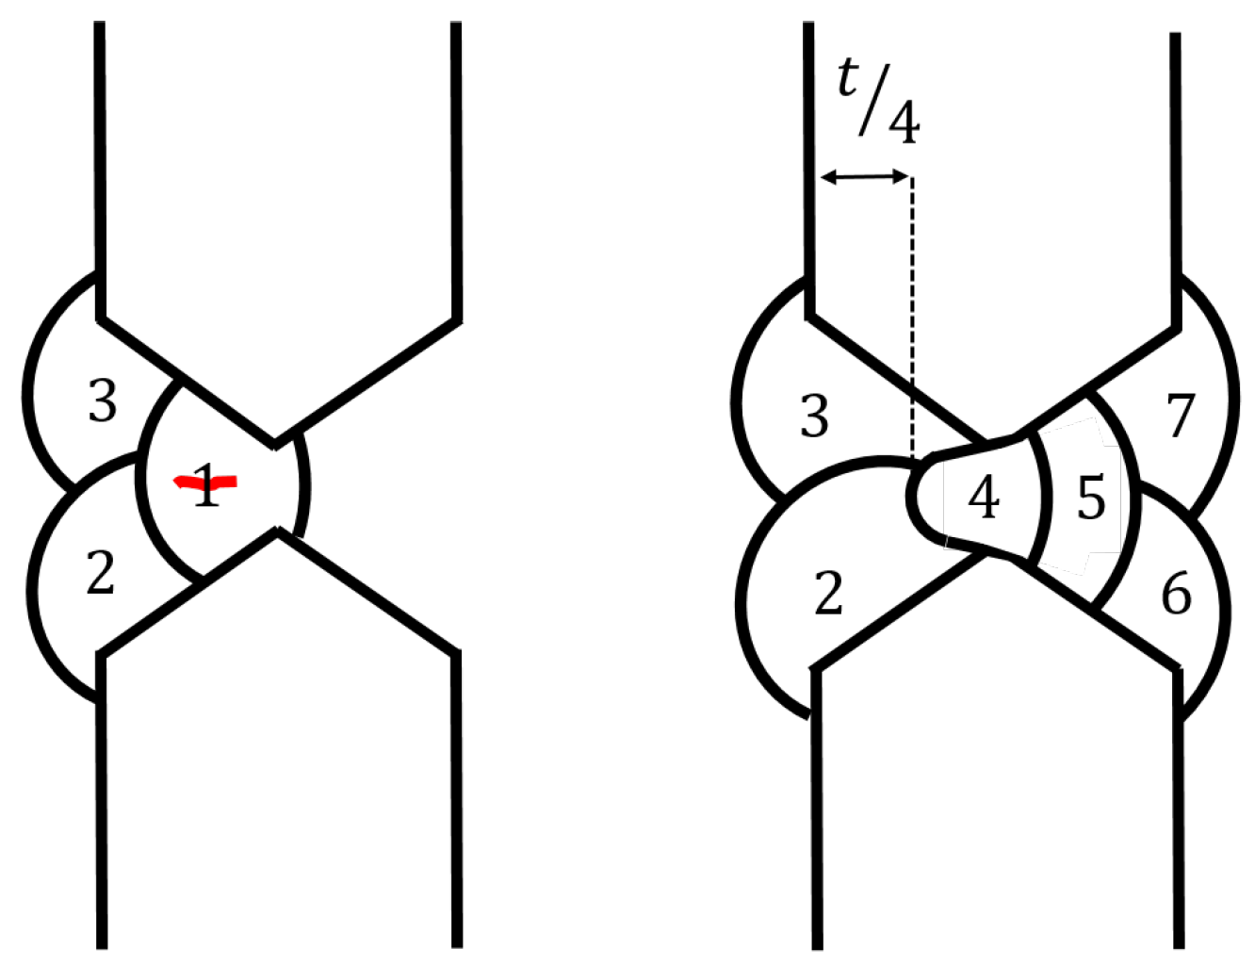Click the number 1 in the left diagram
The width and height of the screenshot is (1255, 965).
coord(206,487)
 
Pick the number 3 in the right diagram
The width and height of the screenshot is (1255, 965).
coord(814,416)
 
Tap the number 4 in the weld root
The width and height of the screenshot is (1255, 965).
coord(984,498)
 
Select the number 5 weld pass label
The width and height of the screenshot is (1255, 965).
coord(1091,499)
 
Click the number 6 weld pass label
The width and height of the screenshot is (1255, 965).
coord(1176,594)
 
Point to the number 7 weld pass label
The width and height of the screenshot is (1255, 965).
coord(1181,416)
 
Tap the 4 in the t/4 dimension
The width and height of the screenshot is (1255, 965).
coord(904,123)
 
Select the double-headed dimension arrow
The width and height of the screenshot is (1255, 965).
coord(865,175)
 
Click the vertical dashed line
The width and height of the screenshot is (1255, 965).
coord(911,311)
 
